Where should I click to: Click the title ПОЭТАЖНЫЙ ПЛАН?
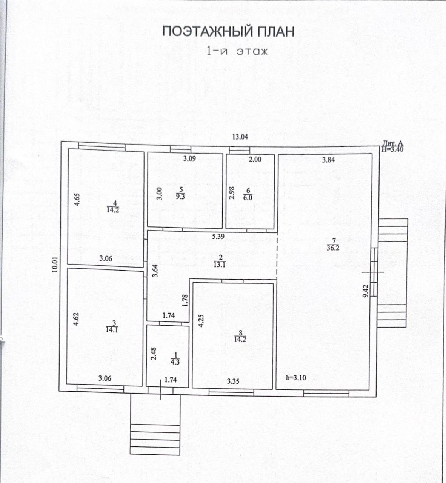(x=228, y=32)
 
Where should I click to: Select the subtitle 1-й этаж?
(x=237, y=51)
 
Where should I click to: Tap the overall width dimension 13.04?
(x=240, y=137)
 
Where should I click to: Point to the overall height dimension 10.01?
(x=55, y=265)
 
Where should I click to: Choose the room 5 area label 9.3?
(x=180, y=196)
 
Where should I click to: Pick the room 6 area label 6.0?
(x=248, y=197)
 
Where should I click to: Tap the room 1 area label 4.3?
(x=175, y=361)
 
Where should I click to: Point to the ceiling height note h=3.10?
(x=296, y=377)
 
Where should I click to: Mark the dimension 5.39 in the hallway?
(x=218, y=237)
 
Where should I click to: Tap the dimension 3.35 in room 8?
(x=233, y=381)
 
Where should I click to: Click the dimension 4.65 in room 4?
(x=77, y=199)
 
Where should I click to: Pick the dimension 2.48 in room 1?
(x=154, y=353)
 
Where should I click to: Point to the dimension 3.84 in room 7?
(x=328, y=160)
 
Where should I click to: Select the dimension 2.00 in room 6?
(x=255, y=159)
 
